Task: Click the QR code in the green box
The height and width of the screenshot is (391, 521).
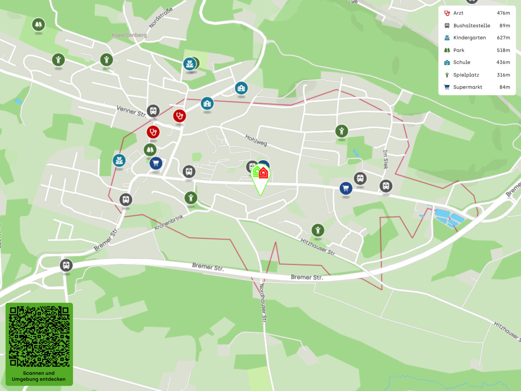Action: [x=39, y=336]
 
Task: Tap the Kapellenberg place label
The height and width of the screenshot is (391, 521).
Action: [x=129, y=35]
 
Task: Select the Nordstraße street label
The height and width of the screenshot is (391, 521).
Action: [x=161, y=18]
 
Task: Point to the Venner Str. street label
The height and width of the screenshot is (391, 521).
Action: [x=131, y=111]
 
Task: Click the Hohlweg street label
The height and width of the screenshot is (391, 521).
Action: [x=256, y=140]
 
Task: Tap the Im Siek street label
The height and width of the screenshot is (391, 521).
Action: [x=386, y=159]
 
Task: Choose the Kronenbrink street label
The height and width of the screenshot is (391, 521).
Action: [x=169, y=222]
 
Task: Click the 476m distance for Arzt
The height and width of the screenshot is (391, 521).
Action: [x=503, y=13]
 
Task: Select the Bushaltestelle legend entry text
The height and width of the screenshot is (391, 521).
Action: [x=471, y=26]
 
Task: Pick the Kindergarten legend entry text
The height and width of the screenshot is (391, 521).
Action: [x=469, y=38]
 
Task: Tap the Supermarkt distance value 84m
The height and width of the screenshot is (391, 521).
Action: [x=505, y=87]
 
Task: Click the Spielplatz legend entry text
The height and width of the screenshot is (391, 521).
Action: [x=466, y=75]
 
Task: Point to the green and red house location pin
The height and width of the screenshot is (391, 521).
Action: [x=260, y=175]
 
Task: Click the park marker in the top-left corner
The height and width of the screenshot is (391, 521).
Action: [x=38, y=25]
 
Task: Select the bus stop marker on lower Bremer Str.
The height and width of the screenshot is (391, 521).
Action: [x=66, y=265]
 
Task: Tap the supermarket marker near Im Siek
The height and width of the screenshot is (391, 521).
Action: [x=346, y=188]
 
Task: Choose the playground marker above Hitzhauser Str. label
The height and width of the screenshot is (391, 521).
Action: [x=318, y=230]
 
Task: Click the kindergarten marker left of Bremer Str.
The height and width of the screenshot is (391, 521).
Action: [x=119, y=160]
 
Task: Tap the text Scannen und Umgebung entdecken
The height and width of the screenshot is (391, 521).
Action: [x=39, y=376]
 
